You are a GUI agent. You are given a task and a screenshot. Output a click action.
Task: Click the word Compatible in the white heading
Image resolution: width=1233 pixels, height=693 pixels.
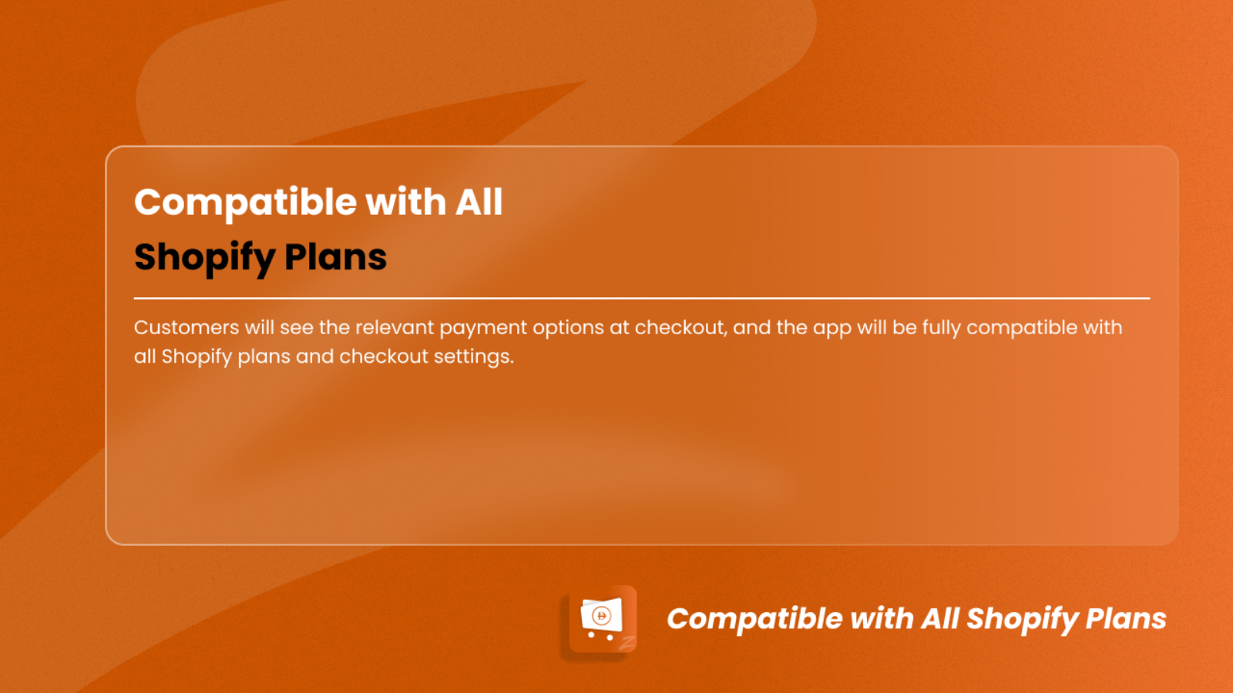[246, 203]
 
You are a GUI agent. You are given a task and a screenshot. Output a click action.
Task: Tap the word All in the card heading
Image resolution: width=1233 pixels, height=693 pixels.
[479, 201]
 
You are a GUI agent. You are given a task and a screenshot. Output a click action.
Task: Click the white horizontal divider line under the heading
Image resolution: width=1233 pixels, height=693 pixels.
[642, 298]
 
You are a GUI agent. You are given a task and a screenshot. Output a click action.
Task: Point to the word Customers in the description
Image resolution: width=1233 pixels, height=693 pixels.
[186, 328]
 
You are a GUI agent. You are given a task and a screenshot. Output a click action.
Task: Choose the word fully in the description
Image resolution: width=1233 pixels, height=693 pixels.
[941, 329]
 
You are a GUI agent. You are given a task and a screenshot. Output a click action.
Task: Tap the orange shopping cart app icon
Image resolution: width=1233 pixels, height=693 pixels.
[602, 620]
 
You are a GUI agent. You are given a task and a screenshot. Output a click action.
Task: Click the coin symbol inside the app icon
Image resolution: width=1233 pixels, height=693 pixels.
[601, 615]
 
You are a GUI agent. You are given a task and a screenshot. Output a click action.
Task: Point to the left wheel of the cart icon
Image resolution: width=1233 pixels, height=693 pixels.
[591, 634]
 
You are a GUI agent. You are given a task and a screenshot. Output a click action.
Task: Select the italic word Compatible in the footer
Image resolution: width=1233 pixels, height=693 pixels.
[754, 619]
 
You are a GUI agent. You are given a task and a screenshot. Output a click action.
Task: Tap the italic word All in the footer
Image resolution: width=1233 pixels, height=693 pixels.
[941, 618]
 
